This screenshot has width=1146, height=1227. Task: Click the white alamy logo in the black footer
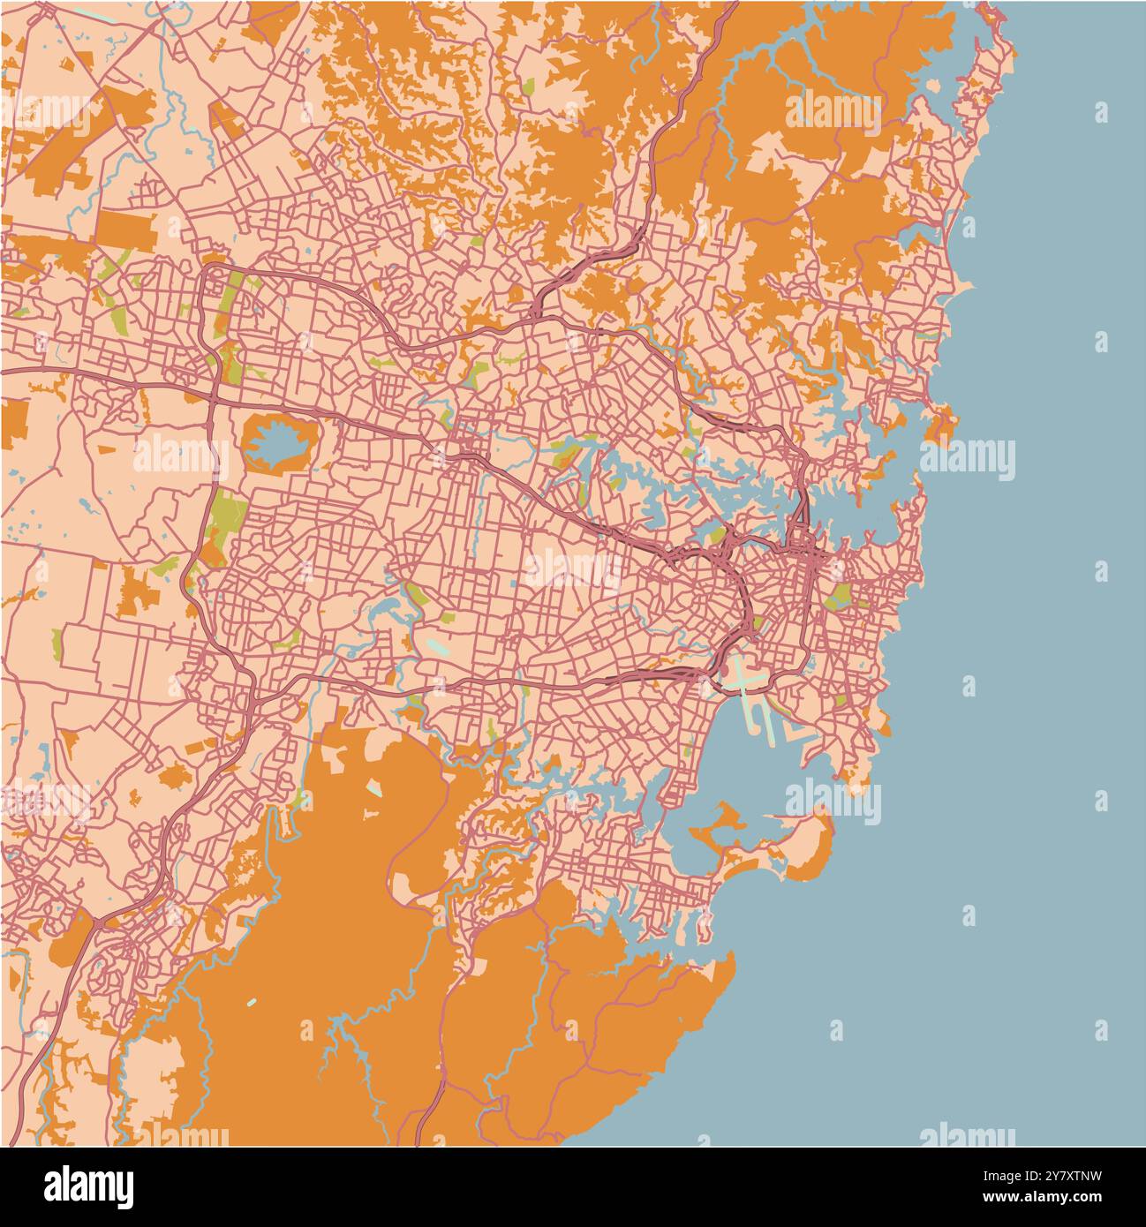[x=88, y=1185]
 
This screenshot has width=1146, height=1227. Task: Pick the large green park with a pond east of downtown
[x=838, y=597]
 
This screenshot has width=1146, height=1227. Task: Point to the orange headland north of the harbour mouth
[x=942, y=423]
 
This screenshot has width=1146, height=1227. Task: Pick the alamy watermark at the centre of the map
[x=572, y=568]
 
